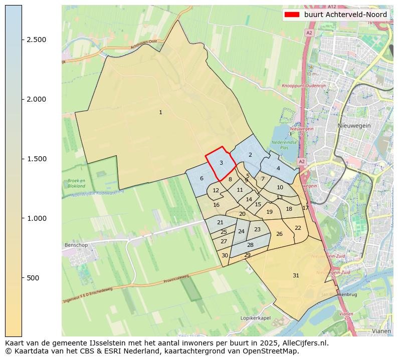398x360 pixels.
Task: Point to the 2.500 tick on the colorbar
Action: (x=22, y=40)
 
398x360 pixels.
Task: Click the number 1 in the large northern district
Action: (x=160, y=112)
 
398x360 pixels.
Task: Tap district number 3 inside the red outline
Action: (x=221, y=163)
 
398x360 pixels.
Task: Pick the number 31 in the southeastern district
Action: (x=296, y=275)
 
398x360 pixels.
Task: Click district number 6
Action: (x=202, y=178)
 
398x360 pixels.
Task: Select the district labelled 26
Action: (x=279, y=234)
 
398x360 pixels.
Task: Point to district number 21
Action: (x=220, y=222)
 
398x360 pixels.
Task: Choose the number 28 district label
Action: (x=250, y=245)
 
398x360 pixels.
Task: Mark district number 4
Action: (x=278, y=168)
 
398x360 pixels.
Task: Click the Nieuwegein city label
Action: (x=354, y=126)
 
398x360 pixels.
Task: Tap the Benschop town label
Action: (x=76, y=245)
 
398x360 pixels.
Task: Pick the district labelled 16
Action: (x=216, y=205)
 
